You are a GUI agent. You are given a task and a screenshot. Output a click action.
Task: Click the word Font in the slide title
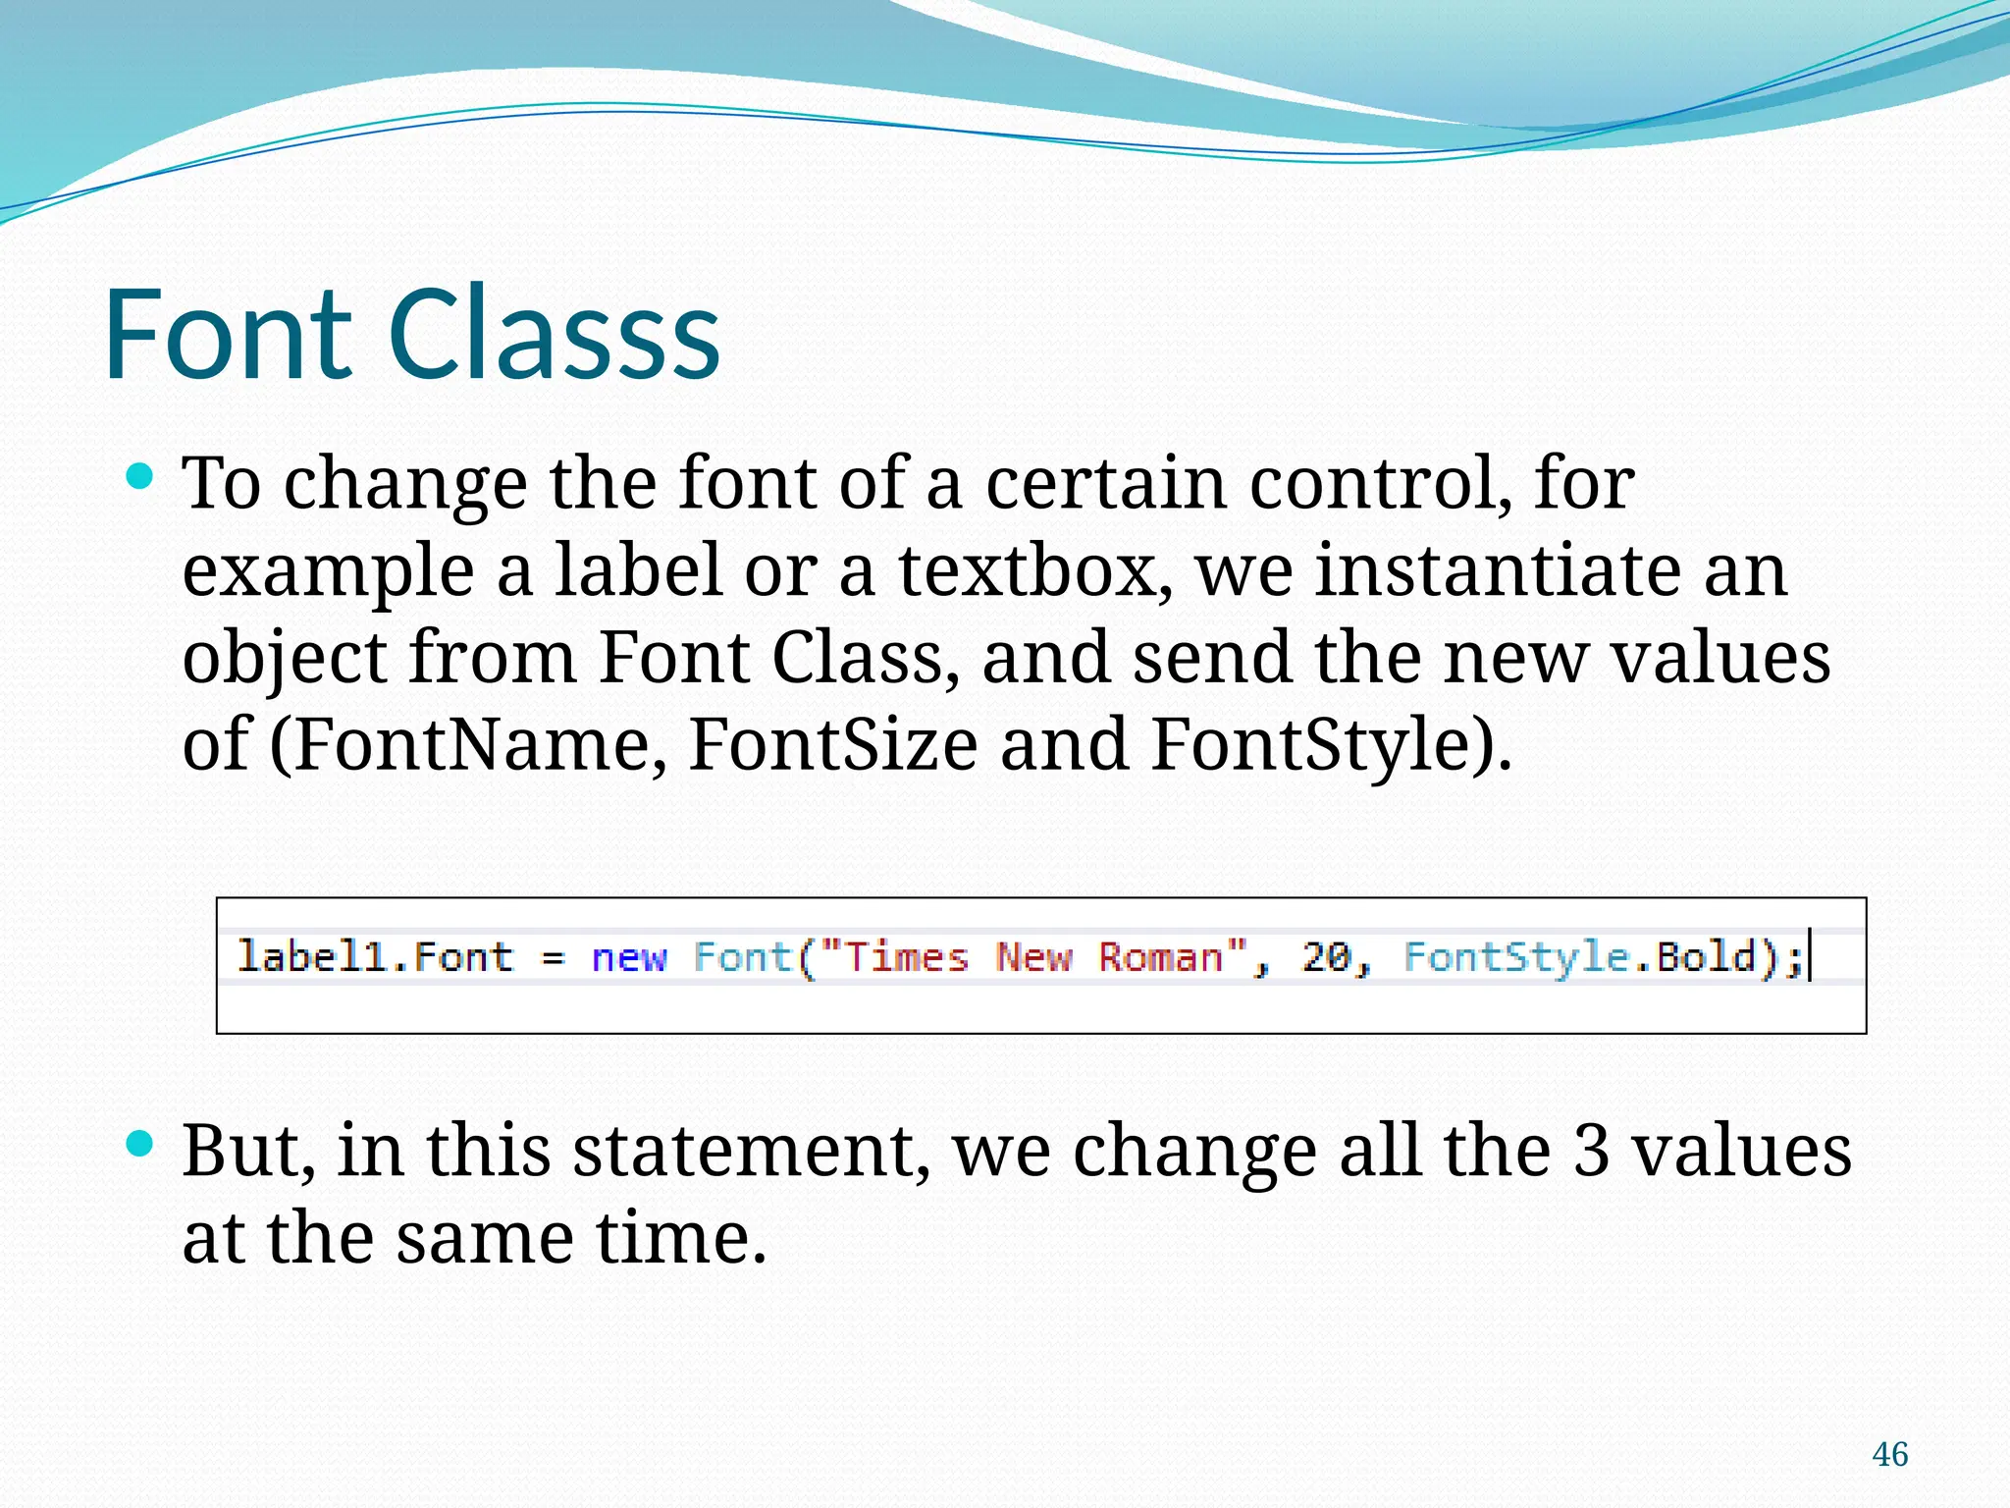tap(228, 334)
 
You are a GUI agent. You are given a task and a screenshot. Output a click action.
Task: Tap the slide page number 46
tap(1889, 1454)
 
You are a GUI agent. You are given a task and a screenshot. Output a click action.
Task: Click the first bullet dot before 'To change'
tap(140, 478)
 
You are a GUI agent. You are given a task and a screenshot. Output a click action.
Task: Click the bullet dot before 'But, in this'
tap(140, 1144)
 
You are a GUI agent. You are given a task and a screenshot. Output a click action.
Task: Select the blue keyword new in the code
tap(629, 957)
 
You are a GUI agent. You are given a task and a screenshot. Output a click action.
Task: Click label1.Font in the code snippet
tap(375, 956)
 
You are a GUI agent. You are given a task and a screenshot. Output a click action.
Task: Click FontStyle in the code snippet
tap(1516, 956)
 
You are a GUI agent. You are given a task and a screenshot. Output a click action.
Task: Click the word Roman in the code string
tap(1160, 956)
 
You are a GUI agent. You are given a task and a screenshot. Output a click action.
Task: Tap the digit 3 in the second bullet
tap(1591, 1151)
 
